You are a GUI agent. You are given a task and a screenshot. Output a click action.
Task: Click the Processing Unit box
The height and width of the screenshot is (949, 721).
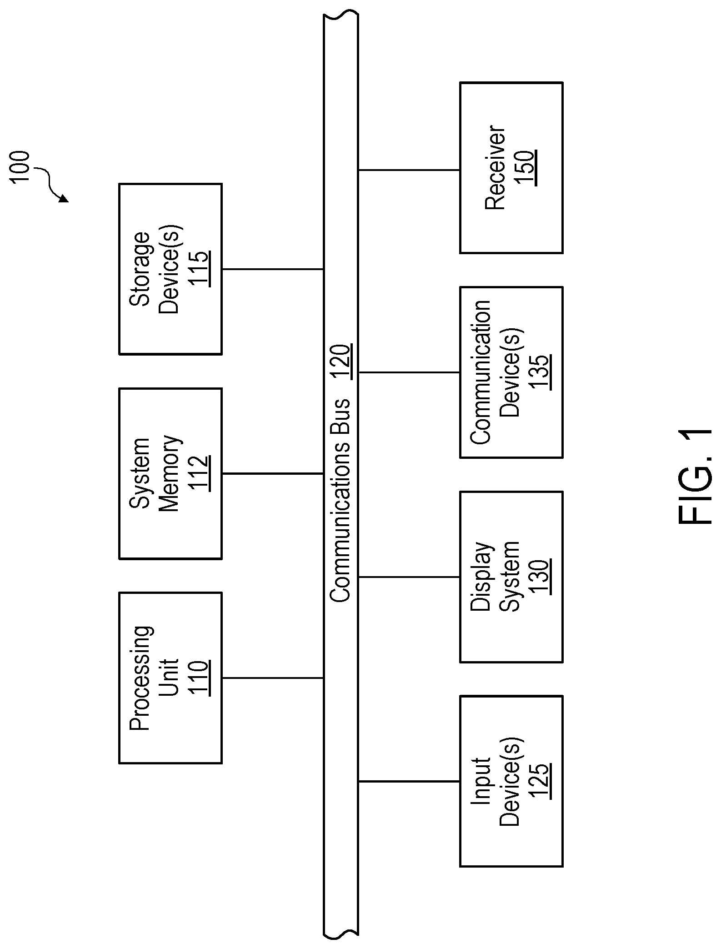tap(170, 678)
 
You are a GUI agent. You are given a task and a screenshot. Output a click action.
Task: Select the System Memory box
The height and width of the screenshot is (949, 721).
tap(170, 473)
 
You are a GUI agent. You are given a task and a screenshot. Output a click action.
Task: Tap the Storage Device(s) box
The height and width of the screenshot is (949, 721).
tap(170, 269)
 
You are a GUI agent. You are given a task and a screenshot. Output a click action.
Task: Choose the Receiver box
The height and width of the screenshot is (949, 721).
tap(511, 168)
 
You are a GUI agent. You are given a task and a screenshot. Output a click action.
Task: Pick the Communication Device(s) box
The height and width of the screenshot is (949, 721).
tap(511, 372)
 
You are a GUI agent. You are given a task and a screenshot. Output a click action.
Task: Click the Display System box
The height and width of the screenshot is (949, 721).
tap(511, 577)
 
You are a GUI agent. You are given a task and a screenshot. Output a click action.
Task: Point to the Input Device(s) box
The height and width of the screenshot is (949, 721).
tap(511, 781)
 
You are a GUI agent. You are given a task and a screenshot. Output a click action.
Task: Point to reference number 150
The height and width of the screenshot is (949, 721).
tap(526, 168)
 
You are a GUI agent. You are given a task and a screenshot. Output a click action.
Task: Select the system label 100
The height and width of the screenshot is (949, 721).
tap(21, 167)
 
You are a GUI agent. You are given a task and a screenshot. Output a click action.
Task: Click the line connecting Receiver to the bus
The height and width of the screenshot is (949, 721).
tap(409, 170)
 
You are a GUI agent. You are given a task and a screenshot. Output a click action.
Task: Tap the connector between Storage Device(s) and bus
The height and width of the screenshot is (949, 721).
tap(272, 269)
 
